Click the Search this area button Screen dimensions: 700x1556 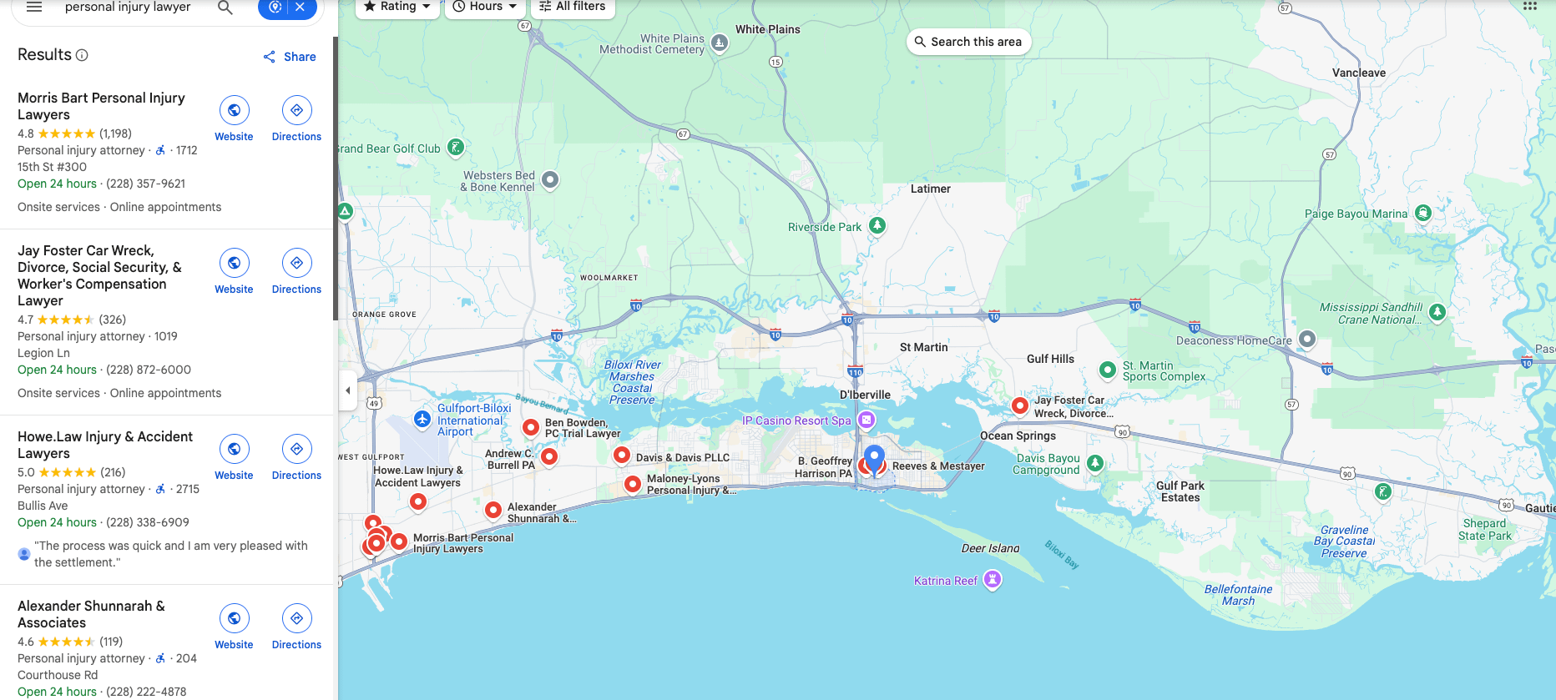968,42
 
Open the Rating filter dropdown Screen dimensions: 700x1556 397,7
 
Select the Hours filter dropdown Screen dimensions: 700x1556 485,7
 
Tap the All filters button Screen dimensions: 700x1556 573,7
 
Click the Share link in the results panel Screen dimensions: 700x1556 290,57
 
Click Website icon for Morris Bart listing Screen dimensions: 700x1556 234,110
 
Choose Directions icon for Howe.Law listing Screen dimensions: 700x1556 296,449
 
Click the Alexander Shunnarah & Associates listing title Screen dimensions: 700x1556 91,614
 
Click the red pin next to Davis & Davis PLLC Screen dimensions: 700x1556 621,455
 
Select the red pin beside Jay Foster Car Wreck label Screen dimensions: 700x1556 1019,405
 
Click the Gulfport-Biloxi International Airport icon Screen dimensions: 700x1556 422,419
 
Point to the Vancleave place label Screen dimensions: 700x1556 1358,73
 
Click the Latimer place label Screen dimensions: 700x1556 930,189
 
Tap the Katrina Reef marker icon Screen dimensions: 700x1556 992,578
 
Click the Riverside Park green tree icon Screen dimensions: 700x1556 877,225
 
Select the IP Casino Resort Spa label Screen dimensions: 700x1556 796,421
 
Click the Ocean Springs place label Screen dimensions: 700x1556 1018,436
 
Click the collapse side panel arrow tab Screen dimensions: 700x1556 347,390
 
